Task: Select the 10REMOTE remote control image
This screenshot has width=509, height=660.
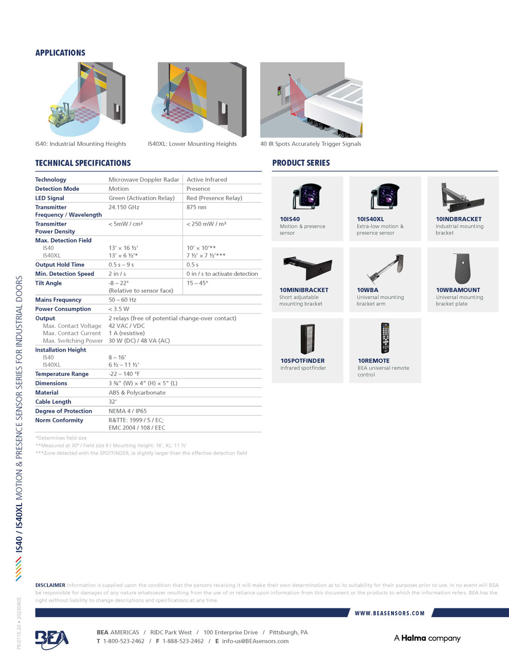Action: click(385, 338)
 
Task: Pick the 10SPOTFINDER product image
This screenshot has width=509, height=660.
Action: click(308, 339)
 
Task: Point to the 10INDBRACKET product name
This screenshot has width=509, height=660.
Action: click(458, 219)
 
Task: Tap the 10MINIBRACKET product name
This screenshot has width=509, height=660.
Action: click(304, 290)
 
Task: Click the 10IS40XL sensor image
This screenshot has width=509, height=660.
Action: click(385, 196)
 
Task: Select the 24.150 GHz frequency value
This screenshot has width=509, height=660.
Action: click(123, 207)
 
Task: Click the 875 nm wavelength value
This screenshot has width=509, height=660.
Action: click(196, 207)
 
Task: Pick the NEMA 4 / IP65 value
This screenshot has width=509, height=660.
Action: click(128, 411)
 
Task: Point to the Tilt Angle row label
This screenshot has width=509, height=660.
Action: click(49, 283)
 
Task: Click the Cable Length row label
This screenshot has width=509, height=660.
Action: click(53, 402)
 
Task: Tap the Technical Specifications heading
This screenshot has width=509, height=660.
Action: click(83, 163)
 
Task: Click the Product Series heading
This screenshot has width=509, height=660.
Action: click(301, 163)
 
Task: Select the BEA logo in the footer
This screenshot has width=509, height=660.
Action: click(51, 638)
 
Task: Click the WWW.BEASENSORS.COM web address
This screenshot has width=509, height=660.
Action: click(390, 613)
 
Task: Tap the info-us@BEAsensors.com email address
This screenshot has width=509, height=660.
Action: click(255, 641)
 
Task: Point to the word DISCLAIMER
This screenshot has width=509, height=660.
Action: click(50, 585)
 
